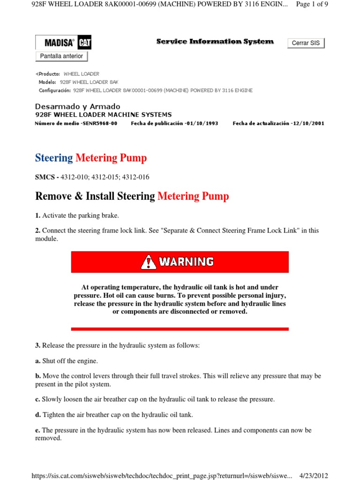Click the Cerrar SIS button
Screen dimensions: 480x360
point(306,43)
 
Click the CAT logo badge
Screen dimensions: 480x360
point(84,43)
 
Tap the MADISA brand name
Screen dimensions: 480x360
point(59,43)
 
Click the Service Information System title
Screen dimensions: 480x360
point(215,42)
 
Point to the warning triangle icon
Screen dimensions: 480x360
point(148,262)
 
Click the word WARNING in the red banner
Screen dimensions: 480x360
point(186,262)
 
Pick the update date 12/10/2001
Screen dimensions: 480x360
point(307,123)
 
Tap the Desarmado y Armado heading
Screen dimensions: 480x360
point(78,106)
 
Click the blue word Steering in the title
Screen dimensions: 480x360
point(54,158)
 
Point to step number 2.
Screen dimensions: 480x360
point(37,231)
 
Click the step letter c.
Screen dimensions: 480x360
point(37,399)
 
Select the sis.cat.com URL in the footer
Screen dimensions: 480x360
point(162,475)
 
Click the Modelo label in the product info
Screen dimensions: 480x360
point(47,82)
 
